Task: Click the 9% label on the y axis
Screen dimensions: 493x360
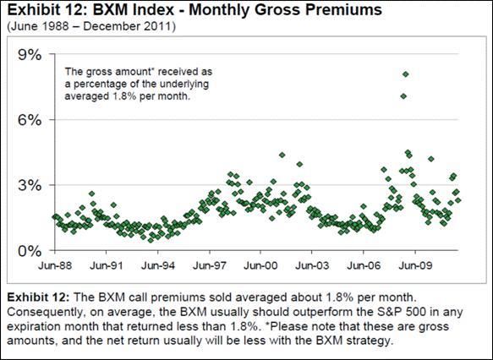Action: coord(30,55)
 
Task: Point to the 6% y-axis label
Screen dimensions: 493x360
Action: coord(30,120)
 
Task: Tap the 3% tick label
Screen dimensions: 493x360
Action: coord(30,185)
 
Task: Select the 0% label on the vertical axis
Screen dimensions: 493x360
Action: coord(30,251)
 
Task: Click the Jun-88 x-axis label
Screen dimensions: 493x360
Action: coord(55,265)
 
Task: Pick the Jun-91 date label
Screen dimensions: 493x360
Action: coord(107,265)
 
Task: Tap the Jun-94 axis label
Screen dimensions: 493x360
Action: coord(158,265)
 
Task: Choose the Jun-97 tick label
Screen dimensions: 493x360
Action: coord(210,265)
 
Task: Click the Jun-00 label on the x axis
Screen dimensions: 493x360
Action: coord(260,265)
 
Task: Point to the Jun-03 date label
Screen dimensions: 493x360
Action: coord(312,265)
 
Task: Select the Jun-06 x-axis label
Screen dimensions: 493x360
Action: coord(364,265)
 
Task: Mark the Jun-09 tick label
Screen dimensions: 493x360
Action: coord(415,265)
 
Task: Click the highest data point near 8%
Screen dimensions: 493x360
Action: coord(406,74)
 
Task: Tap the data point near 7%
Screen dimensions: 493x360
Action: coord(403,96)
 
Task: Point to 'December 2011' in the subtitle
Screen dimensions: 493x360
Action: coord(129,26)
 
